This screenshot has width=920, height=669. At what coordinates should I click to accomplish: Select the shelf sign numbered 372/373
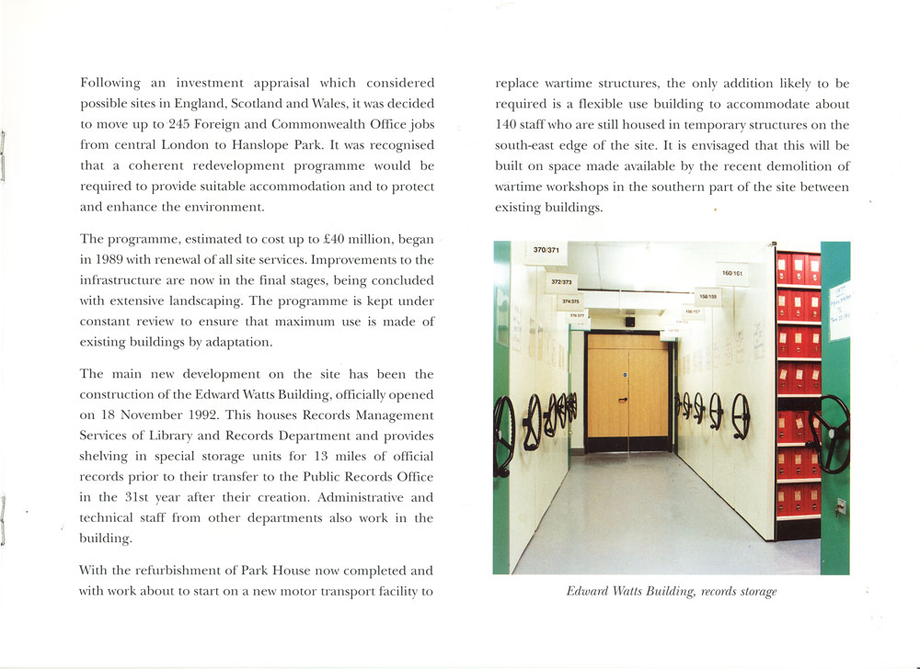[562, 281]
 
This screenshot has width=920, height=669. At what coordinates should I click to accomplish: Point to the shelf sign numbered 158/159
[708, 297]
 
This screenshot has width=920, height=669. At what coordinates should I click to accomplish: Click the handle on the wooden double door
[623, 400]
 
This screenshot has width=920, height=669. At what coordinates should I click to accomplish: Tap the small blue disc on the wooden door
[624, 375]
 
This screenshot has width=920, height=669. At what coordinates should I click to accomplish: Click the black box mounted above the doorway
[629, 323]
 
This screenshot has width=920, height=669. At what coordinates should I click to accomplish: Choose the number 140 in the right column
[509, 125]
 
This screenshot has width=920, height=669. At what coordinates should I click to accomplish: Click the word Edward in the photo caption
[591, 592]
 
